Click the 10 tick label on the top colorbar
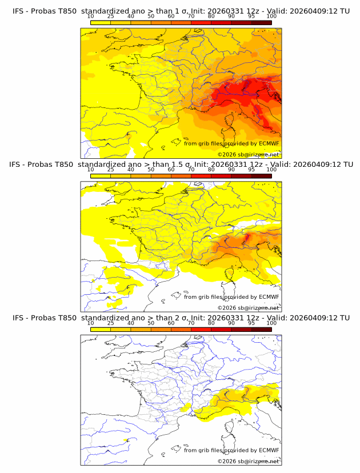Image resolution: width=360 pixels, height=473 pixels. click(x=91, y=17)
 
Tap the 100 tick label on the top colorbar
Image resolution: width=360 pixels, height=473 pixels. click(x=271, y=17)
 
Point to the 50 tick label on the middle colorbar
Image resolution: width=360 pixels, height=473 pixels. click(x=151, y=170)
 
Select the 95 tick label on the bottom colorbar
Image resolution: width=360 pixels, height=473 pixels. click(x=251, y=323)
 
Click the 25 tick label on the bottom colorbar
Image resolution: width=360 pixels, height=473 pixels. click(x=110, y=323)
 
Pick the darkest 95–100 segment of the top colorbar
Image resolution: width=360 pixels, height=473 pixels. click(x=262, y=22)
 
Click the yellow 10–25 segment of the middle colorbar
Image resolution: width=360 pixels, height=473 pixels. click(x=101, y=176)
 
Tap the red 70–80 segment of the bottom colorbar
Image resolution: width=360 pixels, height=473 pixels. click(x=201, y=329)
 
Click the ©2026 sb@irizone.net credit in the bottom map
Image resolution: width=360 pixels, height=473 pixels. click(x=247, y=461)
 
